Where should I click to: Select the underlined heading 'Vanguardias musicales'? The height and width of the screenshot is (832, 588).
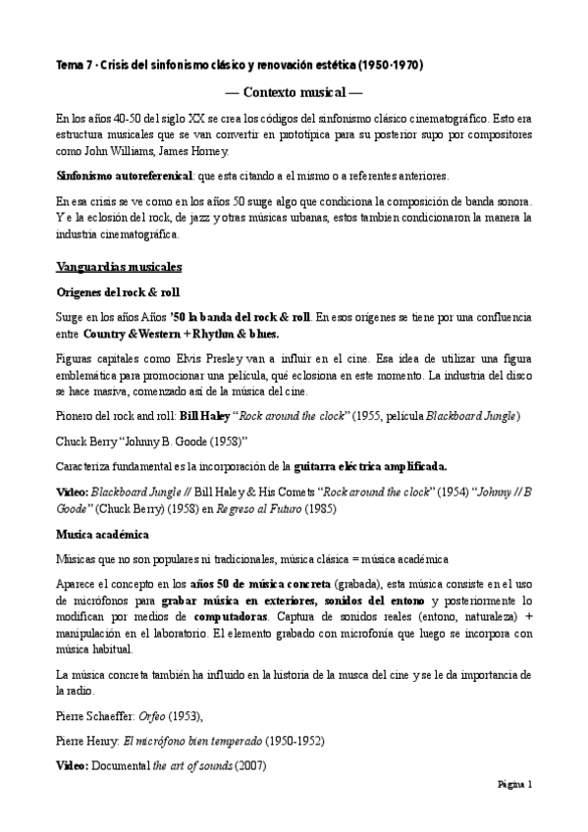click(x=118, y=267)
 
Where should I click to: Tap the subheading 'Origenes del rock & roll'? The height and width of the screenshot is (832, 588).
click(x=118, y=292)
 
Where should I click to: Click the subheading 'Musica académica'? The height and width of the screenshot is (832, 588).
click(x=103, y=535)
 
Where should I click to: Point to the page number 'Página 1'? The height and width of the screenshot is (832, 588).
click(x=513, y=786)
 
